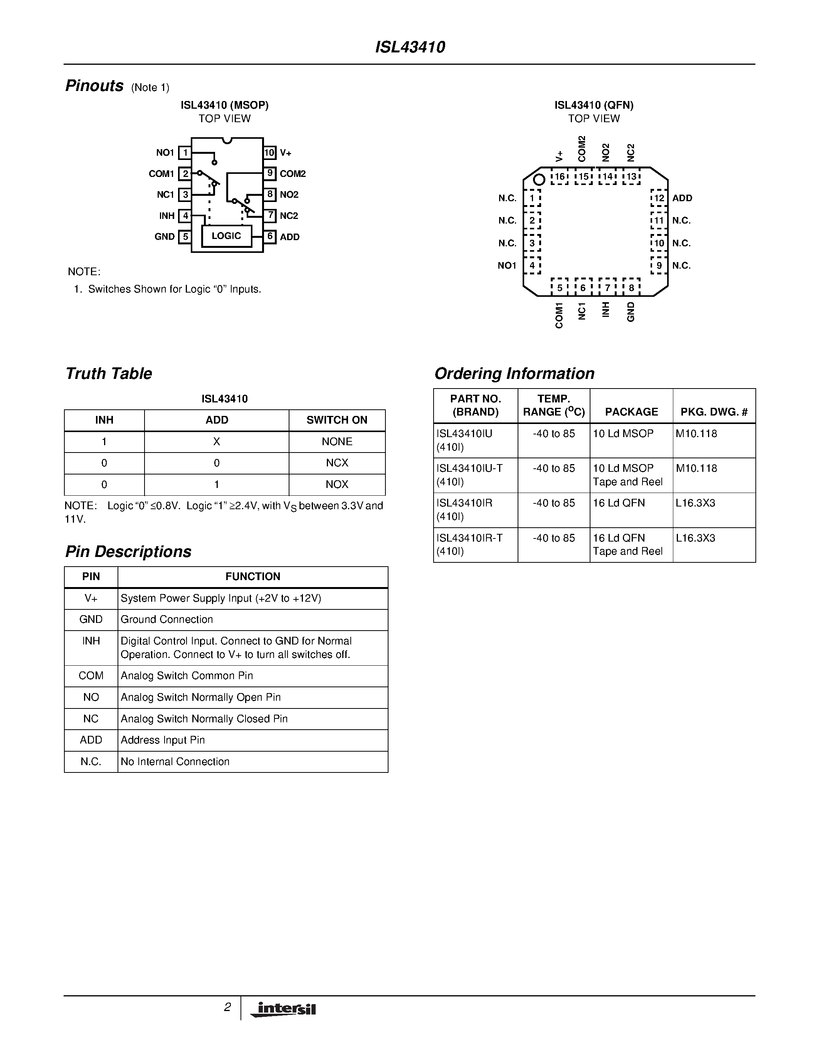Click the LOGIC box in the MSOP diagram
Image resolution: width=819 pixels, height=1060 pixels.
227,236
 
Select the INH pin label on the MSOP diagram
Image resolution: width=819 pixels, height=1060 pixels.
167,216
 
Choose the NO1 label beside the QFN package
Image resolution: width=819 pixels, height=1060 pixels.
507,266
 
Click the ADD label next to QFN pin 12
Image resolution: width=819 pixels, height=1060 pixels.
682,198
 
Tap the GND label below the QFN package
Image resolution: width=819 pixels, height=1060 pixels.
631,311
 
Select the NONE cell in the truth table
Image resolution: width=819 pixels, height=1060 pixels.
337,442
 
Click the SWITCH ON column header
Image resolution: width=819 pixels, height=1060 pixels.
337,420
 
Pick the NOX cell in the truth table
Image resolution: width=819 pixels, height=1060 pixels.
337,485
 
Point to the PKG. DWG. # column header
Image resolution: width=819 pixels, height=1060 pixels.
714,412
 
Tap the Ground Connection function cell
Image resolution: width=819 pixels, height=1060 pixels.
167,620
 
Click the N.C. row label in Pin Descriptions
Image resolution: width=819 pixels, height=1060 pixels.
91,762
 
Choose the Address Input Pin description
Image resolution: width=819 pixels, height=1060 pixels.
163,740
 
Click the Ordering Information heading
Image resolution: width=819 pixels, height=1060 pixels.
514,374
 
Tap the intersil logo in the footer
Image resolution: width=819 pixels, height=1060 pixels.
283,1010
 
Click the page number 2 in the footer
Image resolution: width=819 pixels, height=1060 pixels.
227,1008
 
